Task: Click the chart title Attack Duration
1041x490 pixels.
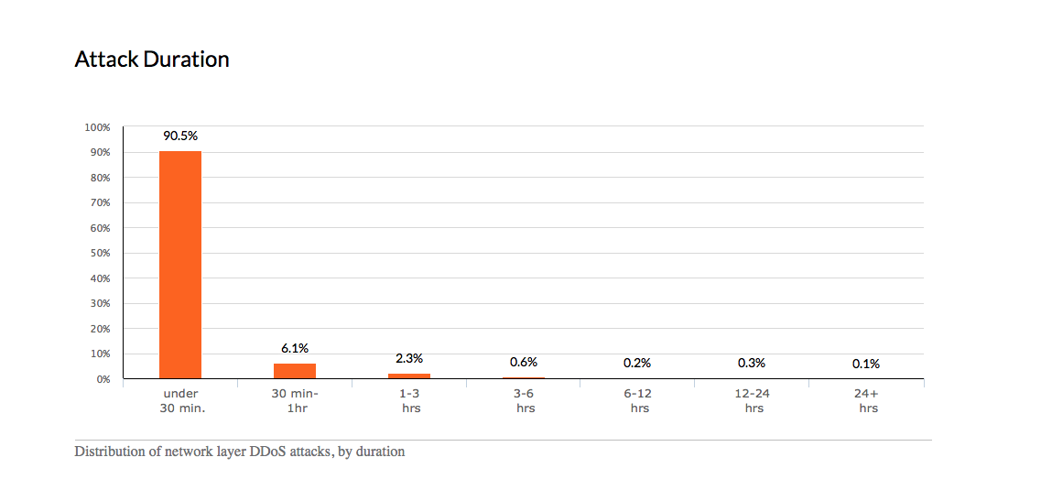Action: [x=151, y=60]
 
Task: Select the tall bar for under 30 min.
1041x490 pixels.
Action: [x=180, y=265]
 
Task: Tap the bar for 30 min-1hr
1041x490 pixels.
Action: [x=295, y=371]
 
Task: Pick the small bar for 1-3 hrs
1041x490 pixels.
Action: [x=409, y=376]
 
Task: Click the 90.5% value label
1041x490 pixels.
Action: [x=180, y=136]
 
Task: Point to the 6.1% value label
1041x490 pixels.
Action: [x=295, y=348]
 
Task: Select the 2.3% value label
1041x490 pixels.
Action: [x=409, y=358]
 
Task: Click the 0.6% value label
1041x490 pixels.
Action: [x=524, y=363]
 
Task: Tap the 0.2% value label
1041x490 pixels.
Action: [x=637, y=363]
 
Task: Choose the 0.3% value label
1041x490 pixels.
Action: [x=752, y=363]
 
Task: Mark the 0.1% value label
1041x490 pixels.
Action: [x=866, y=364]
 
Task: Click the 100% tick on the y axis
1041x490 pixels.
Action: [x=97, y=126]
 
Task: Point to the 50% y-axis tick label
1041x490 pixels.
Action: [x=99, y=253]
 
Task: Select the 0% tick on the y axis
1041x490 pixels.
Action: [x=102, y=378]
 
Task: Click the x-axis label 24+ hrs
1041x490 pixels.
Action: [x=868, y=401]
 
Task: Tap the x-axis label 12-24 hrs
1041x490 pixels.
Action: [x=754, y=401]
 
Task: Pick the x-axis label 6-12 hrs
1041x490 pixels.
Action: [x=639, y=401]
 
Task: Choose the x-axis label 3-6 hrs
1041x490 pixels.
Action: [x=525, y=401]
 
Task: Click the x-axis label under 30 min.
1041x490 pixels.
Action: [x=180, y=401]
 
